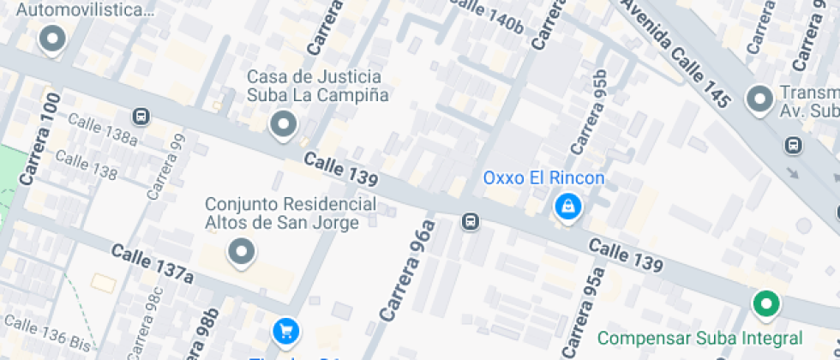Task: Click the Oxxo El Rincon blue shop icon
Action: coord(567,207)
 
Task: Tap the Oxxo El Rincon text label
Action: coord(543,178)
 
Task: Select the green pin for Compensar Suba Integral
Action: coord(765,303)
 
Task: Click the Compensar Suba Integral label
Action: coord(699,338)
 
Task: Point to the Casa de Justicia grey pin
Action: coord(282,126)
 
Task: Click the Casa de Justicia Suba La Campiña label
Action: coord(318,86)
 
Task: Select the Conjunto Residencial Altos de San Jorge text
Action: coord(291,213)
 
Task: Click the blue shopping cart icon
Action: coord(285,330)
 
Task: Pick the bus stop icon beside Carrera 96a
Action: coord(470,223)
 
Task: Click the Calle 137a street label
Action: coord(152,263)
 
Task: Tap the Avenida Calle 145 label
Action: coord(675,53)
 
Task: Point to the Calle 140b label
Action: coord(485,16)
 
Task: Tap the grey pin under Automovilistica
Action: coord(53,39)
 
